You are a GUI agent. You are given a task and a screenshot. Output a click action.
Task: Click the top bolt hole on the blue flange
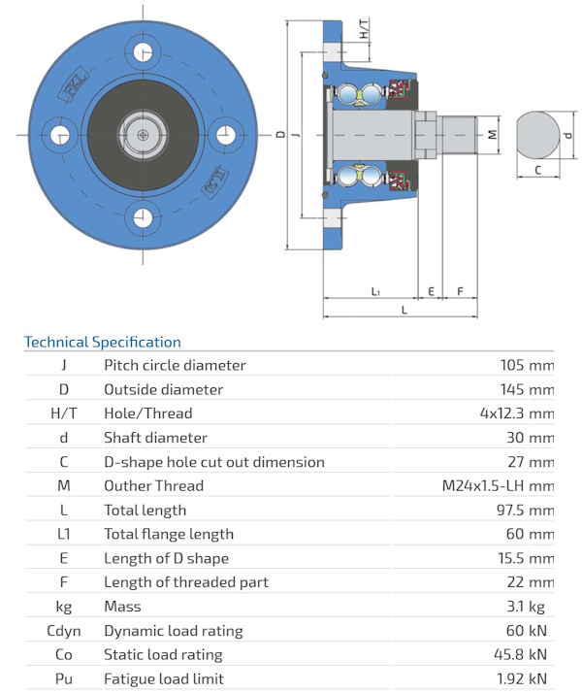coord(143,51)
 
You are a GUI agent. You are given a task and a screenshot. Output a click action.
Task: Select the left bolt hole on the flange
coord(59,135)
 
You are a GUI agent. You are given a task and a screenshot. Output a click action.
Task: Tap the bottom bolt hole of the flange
coord(143,217)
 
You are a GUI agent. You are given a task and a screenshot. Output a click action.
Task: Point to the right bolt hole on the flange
coord(226,135)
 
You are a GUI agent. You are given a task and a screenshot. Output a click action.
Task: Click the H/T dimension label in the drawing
coord(364,29)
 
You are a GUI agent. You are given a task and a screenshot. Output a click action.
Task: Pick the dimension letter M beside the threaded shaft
coord(492,134)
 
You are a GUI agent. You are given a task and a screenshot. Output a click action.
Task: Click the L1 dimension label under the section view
coord(374,291)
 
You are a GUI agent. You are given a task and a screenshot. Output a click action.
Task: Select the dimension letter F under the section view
coord(460,291)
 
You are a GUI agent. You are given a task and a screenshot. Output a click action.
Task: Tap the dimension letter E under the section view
coord(431,291)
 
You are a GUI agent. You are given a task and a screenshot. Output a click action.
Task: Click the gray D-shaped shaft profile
coord(537,135)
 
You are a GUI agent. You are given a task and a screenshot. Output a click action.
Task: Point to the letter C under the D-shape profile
coord(537,170)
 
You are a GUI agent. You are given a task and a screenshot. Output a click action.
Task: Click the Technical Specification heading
coord(103,342)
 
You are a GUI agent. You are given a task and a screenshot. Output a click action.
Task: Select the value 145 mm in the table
coord(527,389)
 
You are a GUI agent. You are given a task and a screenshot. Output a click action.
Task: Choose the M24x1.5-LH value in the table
coord(483,485)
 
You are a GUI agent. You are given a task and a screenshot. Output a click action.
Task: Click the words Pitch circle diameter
coord(175,365)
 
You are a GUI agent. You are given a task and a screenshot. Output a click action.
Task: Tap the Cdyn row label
coord(64,631)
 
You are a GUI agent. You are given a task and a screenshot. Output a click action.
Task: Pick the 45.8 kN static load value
coord(520,654)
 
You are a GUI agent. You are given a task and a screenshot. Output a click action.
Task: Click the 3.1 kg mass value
coord(526,607)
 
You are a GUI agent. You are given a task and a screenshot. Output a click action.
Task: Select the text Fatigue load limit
coord(164,678)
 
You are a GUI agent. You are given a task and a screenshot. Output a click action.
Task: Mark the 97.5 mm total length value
coord(525,510)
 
